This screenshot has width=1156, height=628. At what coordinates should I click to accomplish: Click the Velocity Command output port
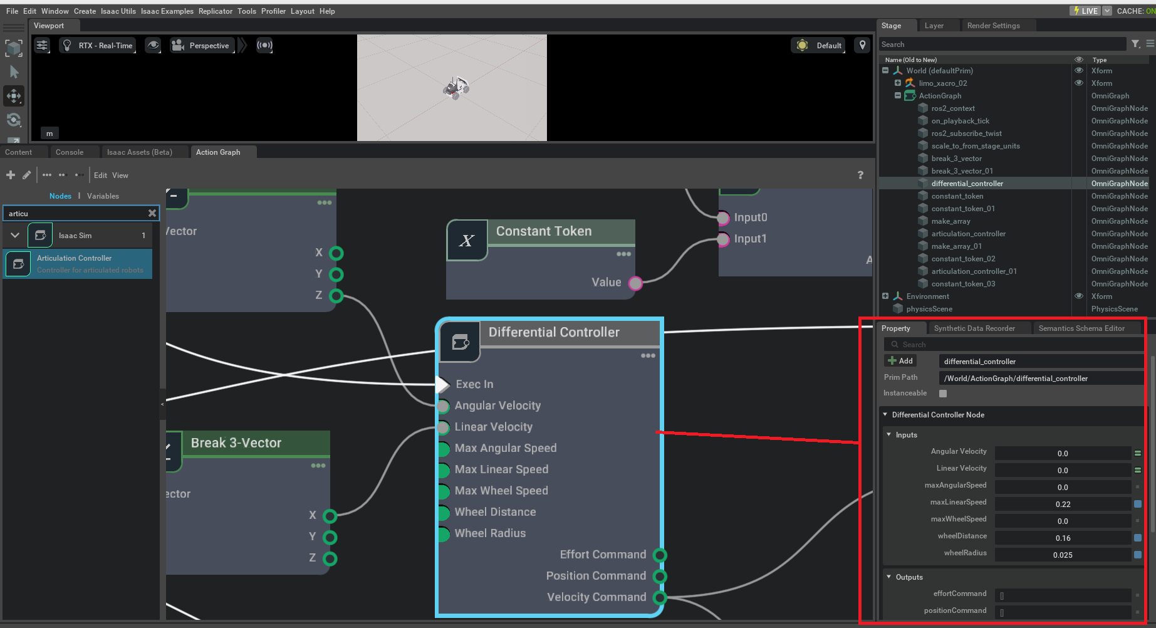click(x=660, y=597)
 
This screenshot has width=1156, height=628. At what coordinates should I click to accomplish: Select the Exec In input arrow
click(x=443, y=384)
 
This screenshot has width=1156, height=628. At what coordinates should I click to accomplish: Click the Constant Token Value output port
click(x=635, y=283)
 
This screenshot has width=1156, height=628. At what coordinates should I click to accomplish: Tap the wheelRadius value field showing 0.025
click(x=1063, y=555)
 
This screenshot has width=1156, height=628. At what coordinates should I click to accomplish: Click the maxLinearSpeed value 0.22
click(x=1063, y=505)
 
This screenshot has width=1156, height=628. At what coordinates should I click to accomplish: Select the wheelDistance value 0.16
click(x=1063, y=538)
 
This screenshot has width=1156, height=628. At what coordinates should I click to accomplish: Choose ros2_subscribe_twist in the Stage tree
click(x=966, y=133)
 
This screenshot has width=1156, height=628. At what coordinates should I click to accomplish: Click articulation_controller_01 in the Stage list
click(x=974, y=271)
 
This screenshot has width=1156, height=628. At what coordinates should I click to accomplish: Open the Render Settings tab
click(x=993, y=26)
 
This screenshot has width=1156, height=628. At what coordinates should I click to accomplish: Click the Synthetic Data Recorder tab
click(x=974, y=328)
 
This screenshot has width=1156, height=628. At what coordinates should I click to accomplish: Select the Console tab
click(x=69, y=152)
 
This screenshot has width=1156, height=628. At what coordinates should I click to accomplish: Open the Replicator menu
click(x=215, y=11)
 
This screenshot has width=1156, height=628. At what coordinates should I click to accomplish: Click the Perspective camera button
click(x=201, y=46)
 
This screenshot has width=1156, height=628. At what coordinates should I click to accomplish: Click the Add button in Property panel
click(x=900, y=361)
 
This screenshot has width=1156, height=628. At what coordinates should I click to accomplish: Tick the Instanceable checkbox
click(x=943, y=394)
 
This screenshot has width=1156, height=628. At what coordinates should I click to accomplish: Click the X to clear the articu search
click(x=152, y=214)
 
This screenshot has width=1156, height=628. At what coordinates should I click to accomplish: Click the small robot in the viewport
click(x=457, y=87)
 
